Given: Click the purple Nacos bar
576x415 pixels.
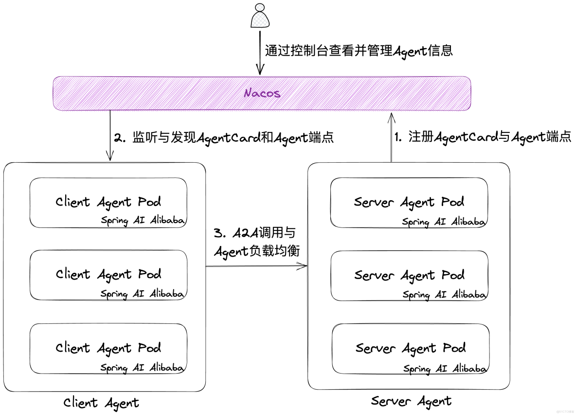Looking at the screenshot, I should click(x=146, y=93).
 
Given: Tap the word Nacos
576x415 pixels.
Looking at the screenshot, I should click(x=262, y=93).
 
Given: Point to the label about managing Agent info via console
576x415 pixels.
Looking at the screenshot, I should click(x=359, y=50).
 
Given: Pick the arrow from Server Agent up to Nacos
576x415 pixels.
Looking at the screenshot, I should click(x=391, y=136).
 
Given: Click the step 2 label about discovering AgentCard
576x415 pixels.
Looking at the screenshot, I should click(x=224, y=138).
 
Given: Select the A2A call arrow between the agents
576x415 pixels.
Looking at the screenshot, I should click(x=256, y=266).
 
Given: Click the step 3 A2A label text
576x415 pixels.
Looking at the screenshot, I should click(x=257, y=242).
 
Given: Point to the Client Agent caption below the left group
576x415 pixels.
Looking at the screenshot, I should click(x=101, y=403).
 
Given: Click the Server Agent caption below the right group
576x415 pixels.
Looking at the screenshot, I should click(x=411, y=401).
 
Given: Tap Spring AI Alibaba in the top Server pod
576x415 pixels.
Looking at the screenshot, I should click(x=444, y=222).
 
